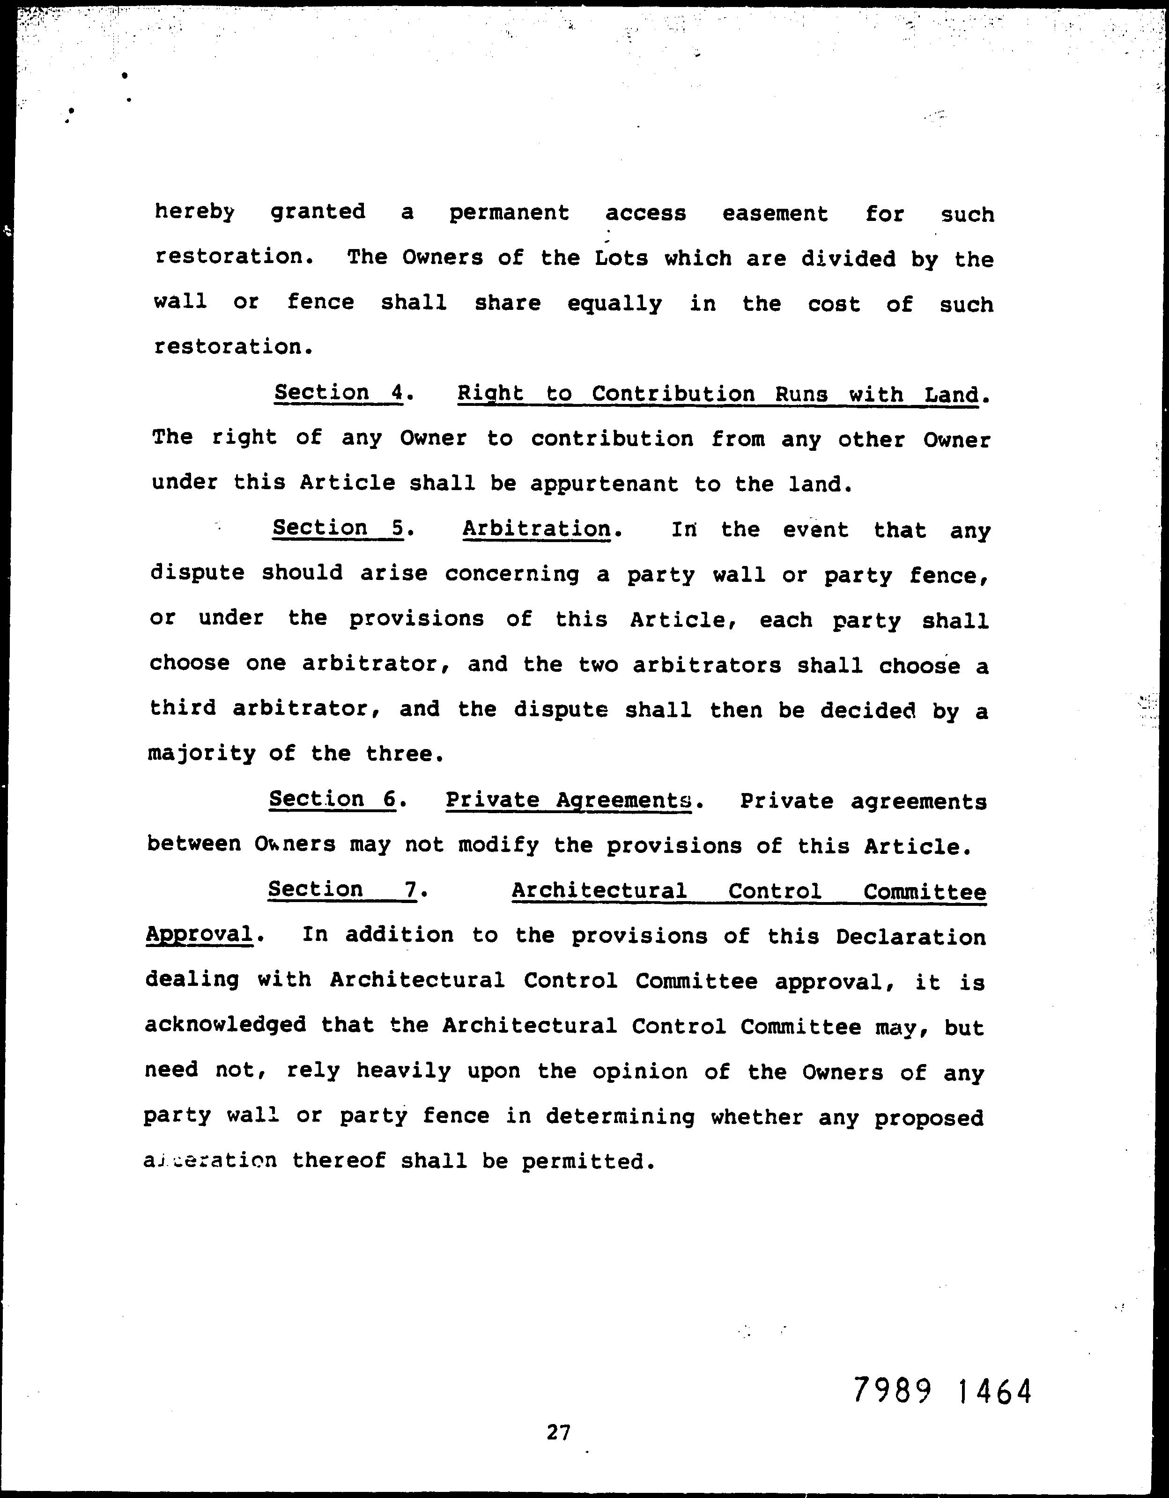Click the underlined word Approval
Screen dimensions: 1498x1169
click(199, 934)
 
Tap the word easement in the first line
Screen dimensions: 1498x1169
click(775, 213)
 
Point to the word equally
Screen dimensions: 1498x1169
click(614, 303)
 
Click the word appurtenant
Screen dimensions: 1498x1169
click(604, 484)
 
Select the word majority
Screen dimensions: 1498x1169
click(201, 755)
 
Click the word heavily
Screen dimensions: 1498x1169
click(403, 1070)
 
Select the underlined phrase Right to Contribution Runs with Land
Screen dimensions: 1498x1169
click(717, 394)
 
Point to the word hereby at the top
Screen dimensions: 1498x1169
click(194, 212)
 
